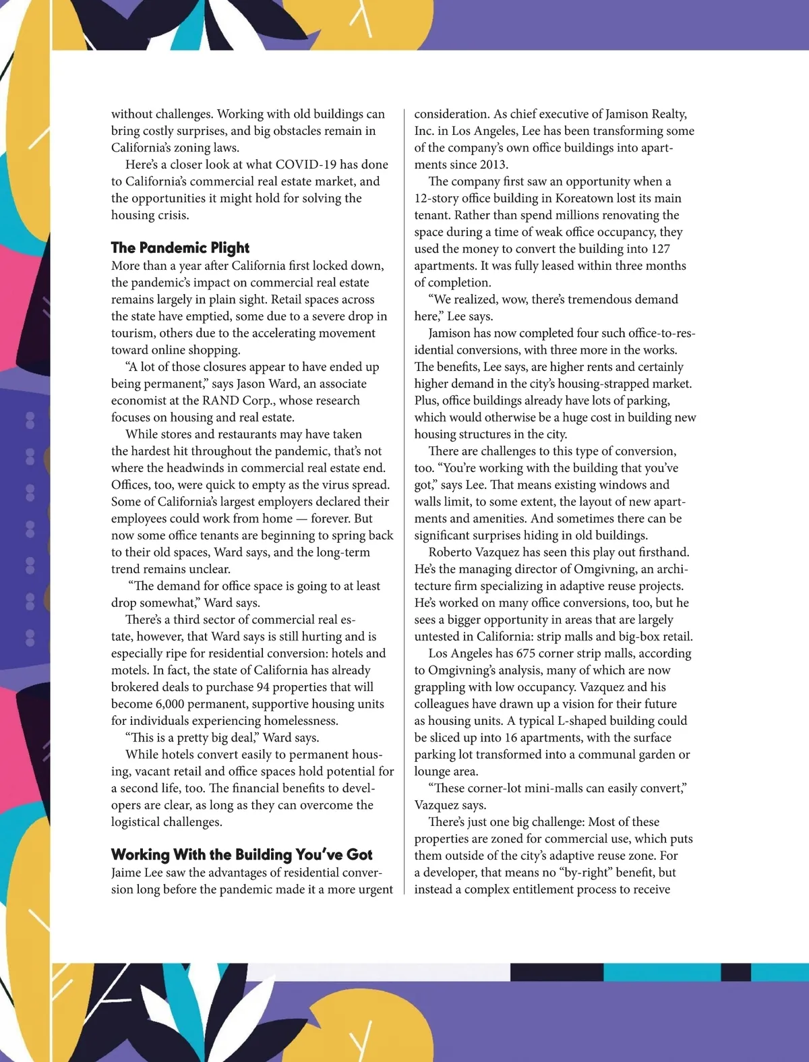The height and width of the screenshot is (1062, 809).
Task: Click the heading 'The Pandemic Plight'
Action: (180, 248)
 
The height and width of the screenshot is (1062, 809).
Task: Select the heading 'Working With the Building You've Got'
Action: (241, 855)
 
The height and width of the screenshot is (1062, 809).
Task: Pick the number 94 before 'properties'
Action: (264, 687)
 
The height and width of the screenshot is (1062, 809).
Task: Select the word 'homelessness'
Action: (297, 721)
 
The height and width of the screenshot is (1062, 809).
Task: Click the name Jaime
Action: (128, 873)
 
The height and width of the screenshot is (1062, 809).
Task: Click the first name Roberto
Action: (451, 552)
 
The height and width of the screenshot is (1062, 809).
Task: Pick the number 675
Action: (526, 653)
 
